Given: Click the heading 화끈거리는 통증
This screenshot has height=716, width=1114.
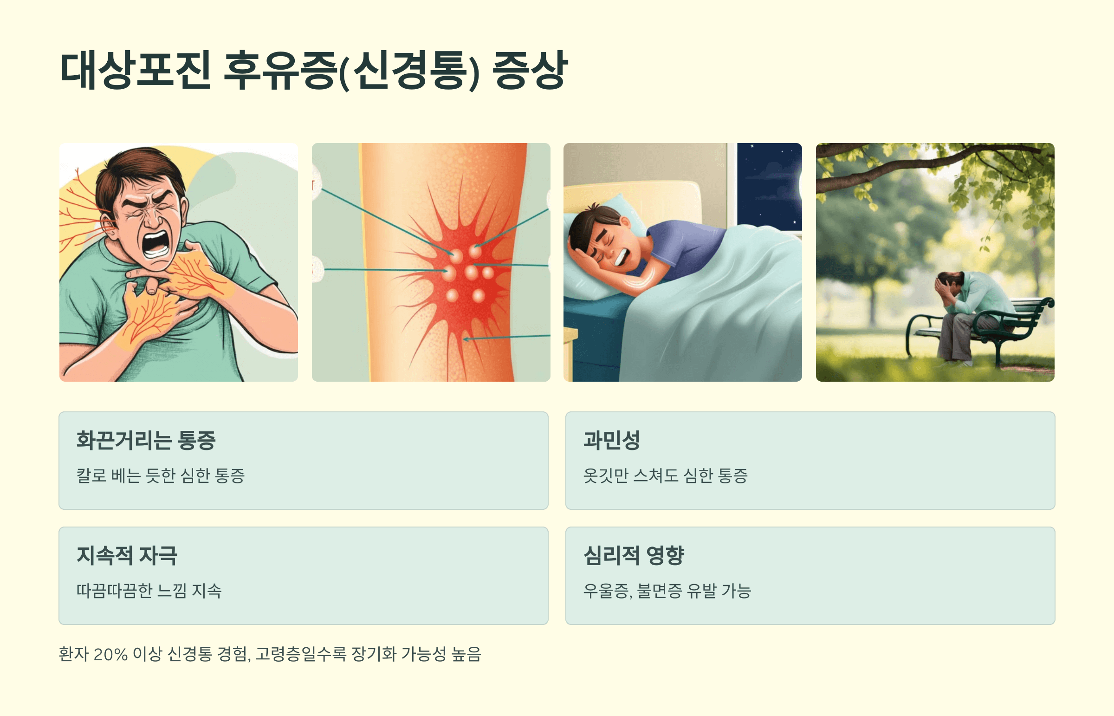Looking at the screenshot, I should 146,440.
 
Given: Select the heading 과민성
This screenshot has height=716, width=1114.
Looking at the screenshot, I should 612,440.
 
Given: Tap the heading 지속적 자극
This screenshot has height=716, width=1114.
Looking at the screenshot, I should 127,555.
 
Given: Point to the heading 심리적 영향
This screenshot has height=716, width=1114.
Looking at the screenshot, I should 634,555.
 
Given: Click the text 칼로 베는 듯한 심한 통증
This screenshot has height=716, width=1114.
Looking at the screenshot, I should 160,475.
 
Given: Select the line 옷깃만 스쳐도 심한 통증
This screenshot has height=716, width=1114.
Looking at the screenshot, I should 665,475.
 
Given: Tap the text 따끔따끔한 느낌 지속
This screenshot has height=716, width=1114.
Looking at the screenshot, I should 149,591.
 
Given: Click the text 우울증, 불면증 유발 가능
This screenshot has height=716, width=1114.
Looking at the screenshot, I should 667,591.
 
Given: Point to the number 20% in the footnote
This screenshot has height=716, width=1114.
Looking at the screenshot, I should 110,654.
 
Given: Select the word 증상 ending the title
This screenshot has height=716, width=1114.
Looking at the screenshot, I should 530,71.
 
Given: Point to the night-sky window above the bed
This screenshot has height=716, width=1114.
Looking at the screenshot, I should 769,186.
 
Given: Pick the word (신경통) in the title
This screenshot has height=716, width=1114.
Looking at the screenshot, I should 409,71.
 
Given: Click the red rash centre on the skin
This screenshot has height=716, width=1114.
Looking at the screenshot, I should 465,274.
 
